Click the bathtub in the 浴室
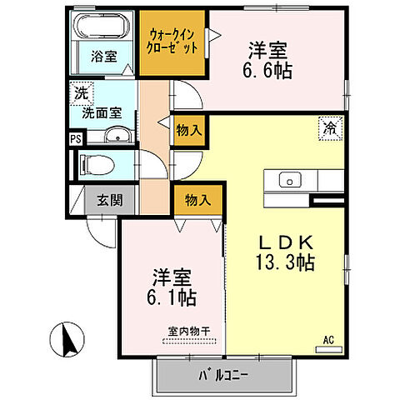click(102, 27)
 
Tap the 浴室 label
click(103, 57)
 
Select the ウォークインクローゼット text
click(173, 42)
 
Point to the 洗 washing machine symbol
click(82, 93)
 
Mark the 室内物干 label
click(187, 332)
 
